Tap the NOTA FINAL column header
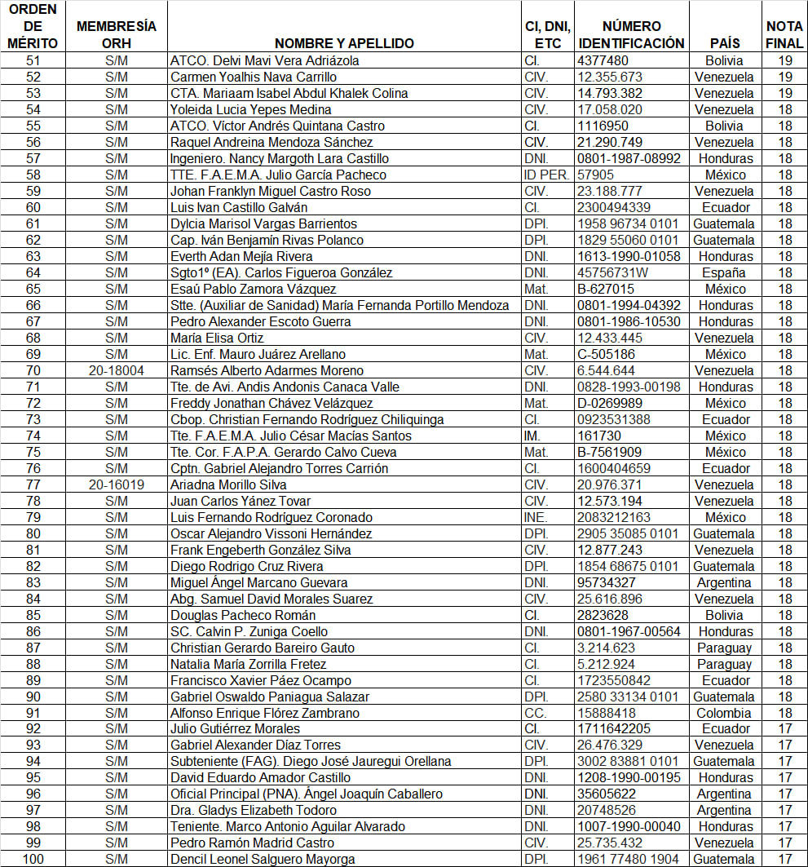pos(784,35)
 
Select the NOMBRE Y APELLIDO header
pos(344,43)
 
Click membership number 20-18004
pos(117,370)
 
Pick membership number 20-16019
pos(117,484)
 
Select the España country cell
pos(723,272)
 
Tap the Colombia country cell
pos(723,713)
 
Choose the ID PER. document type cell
pos(545,175)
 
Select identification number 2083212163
pos(614,517)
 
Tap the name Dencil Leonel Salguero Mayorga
pos(263,859)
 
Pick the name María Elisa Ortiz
pos(214,338)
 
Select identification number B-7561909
pos(609,452)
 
